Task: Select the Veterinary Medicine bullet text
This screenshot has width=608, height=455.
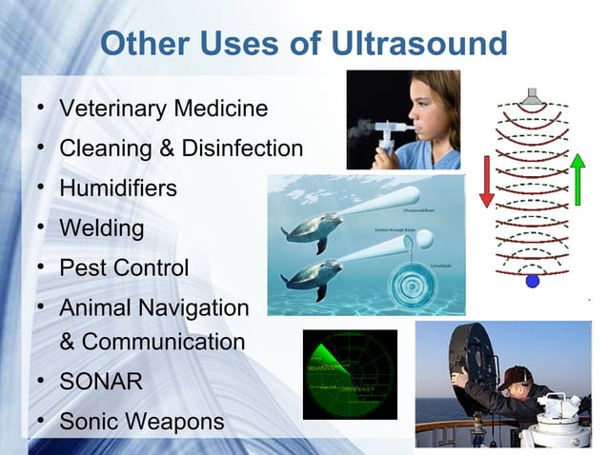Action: (163, 109)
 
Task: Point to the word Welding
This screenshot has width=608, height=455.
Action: (102, 228)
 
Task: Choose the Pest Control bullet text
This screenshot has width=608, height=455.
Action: (124, 268)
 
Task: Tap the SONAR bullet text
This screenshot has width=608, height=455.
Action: (101, 383)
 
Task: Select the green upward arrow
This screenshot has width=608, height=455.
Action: (578, 180)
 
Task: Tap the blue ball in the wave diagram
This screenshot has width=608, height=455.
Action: (533, 281)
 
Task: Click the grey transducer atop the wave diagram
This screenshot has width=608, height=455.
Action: (532, 97)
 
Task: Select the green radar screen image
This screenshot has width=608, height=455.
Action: (350, 374)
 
